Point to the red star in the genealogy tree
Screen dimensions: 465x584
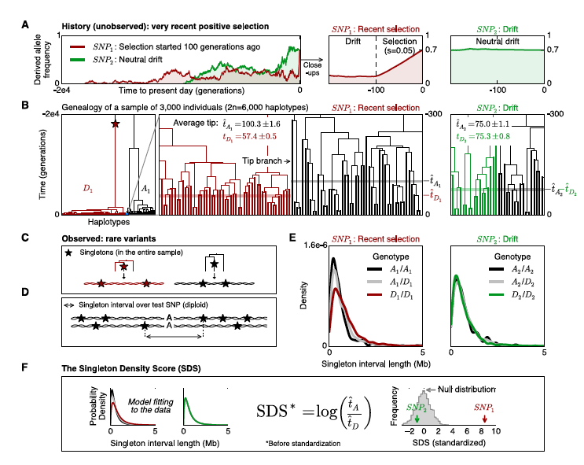pyautogui.click(x=116, y=124)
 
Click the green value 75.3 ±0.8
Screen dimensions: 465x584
pyautogui.click(x=484, y=135)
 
